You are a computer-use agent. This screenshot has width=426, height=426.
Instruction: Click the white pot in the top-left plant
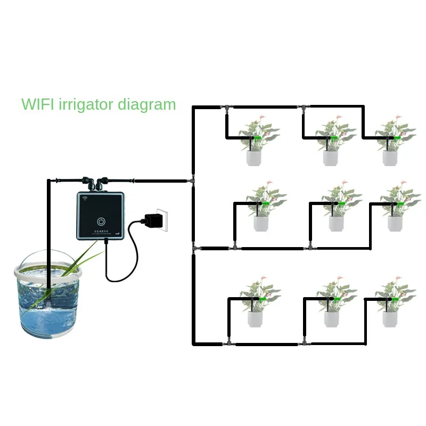(x=253, y=158)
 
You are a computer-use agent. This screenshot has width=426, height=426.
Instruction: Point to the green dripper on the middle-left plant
(x=264, y=204)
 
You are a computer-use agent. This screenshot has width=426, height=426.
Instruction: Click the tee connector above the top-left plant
(x=226, y=108)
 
